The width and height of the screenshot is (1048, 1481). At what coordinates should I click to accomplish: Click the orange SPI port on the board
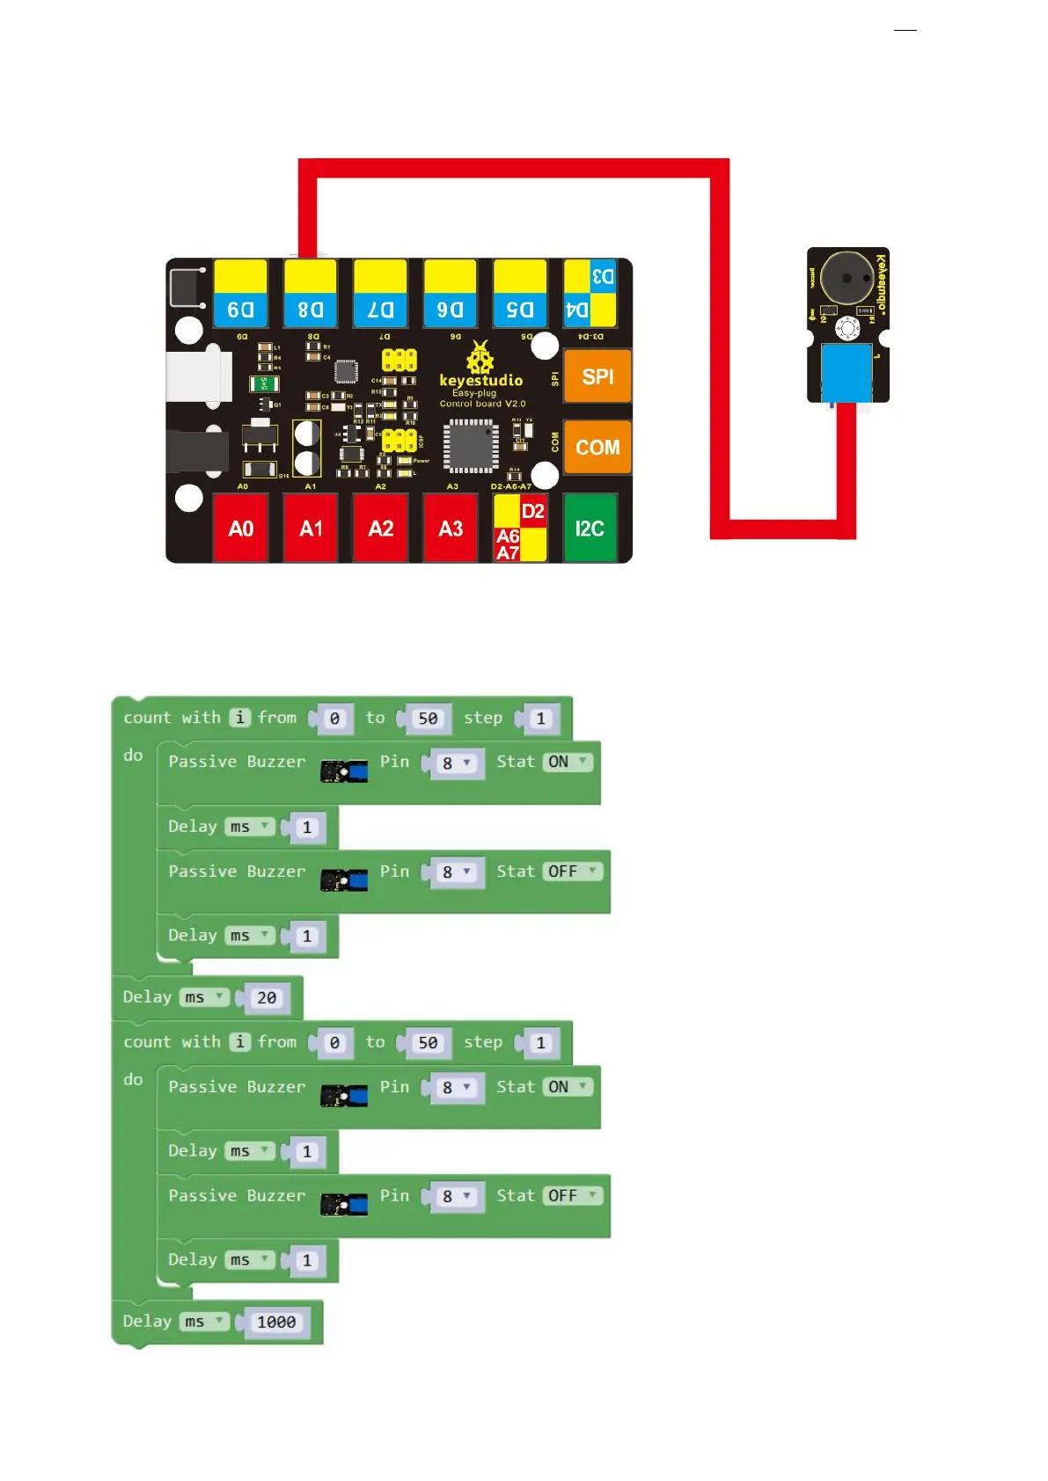coord(597,376)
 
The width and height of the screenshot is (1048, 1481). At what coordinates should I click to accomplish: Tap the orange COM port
coord(597,448)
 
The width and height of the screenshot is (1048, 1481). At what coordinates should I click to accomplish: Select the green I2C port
coord(590,529)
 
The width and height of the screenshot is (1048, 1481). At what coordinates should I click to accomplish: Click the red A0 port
coord(240,529)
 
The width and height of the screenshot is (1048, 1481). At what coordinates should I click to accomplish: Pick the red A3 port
coord(451,529)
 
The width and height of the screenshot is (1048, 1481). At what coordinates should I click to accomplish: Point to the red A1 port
coord(311,529)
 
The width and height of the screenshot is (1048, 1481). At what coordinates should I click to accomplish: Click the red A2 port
coord(380,529)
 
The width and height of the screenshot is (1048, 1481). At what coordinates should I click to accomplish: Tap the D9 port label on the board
coord(240,310)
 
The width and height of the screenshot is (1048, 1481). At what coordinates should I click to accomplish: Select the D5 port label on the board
coord(520,310)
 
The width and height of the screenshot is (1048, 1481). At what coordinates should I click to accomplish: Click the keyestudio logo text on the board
coord(481,381)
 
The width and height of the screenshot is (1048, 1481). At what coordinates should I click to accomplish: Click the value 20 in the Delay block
coord(267,998)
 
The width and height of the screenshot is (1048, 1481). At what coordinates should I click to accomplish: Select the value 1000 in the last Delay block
coord(276,1323)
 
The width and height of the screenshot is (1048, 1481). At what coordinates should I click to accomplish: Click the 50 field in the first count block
coord(428,719)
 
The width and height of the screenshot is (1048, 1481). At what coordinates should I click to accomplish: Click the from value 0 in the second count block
coord(334,1043)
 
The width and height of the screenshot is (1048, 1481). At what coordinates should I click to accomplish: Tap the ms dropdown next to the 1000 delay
coord(203,1322)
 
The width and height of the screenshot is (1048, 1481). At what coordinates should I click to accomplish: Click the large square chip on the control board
coord(470,445)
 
